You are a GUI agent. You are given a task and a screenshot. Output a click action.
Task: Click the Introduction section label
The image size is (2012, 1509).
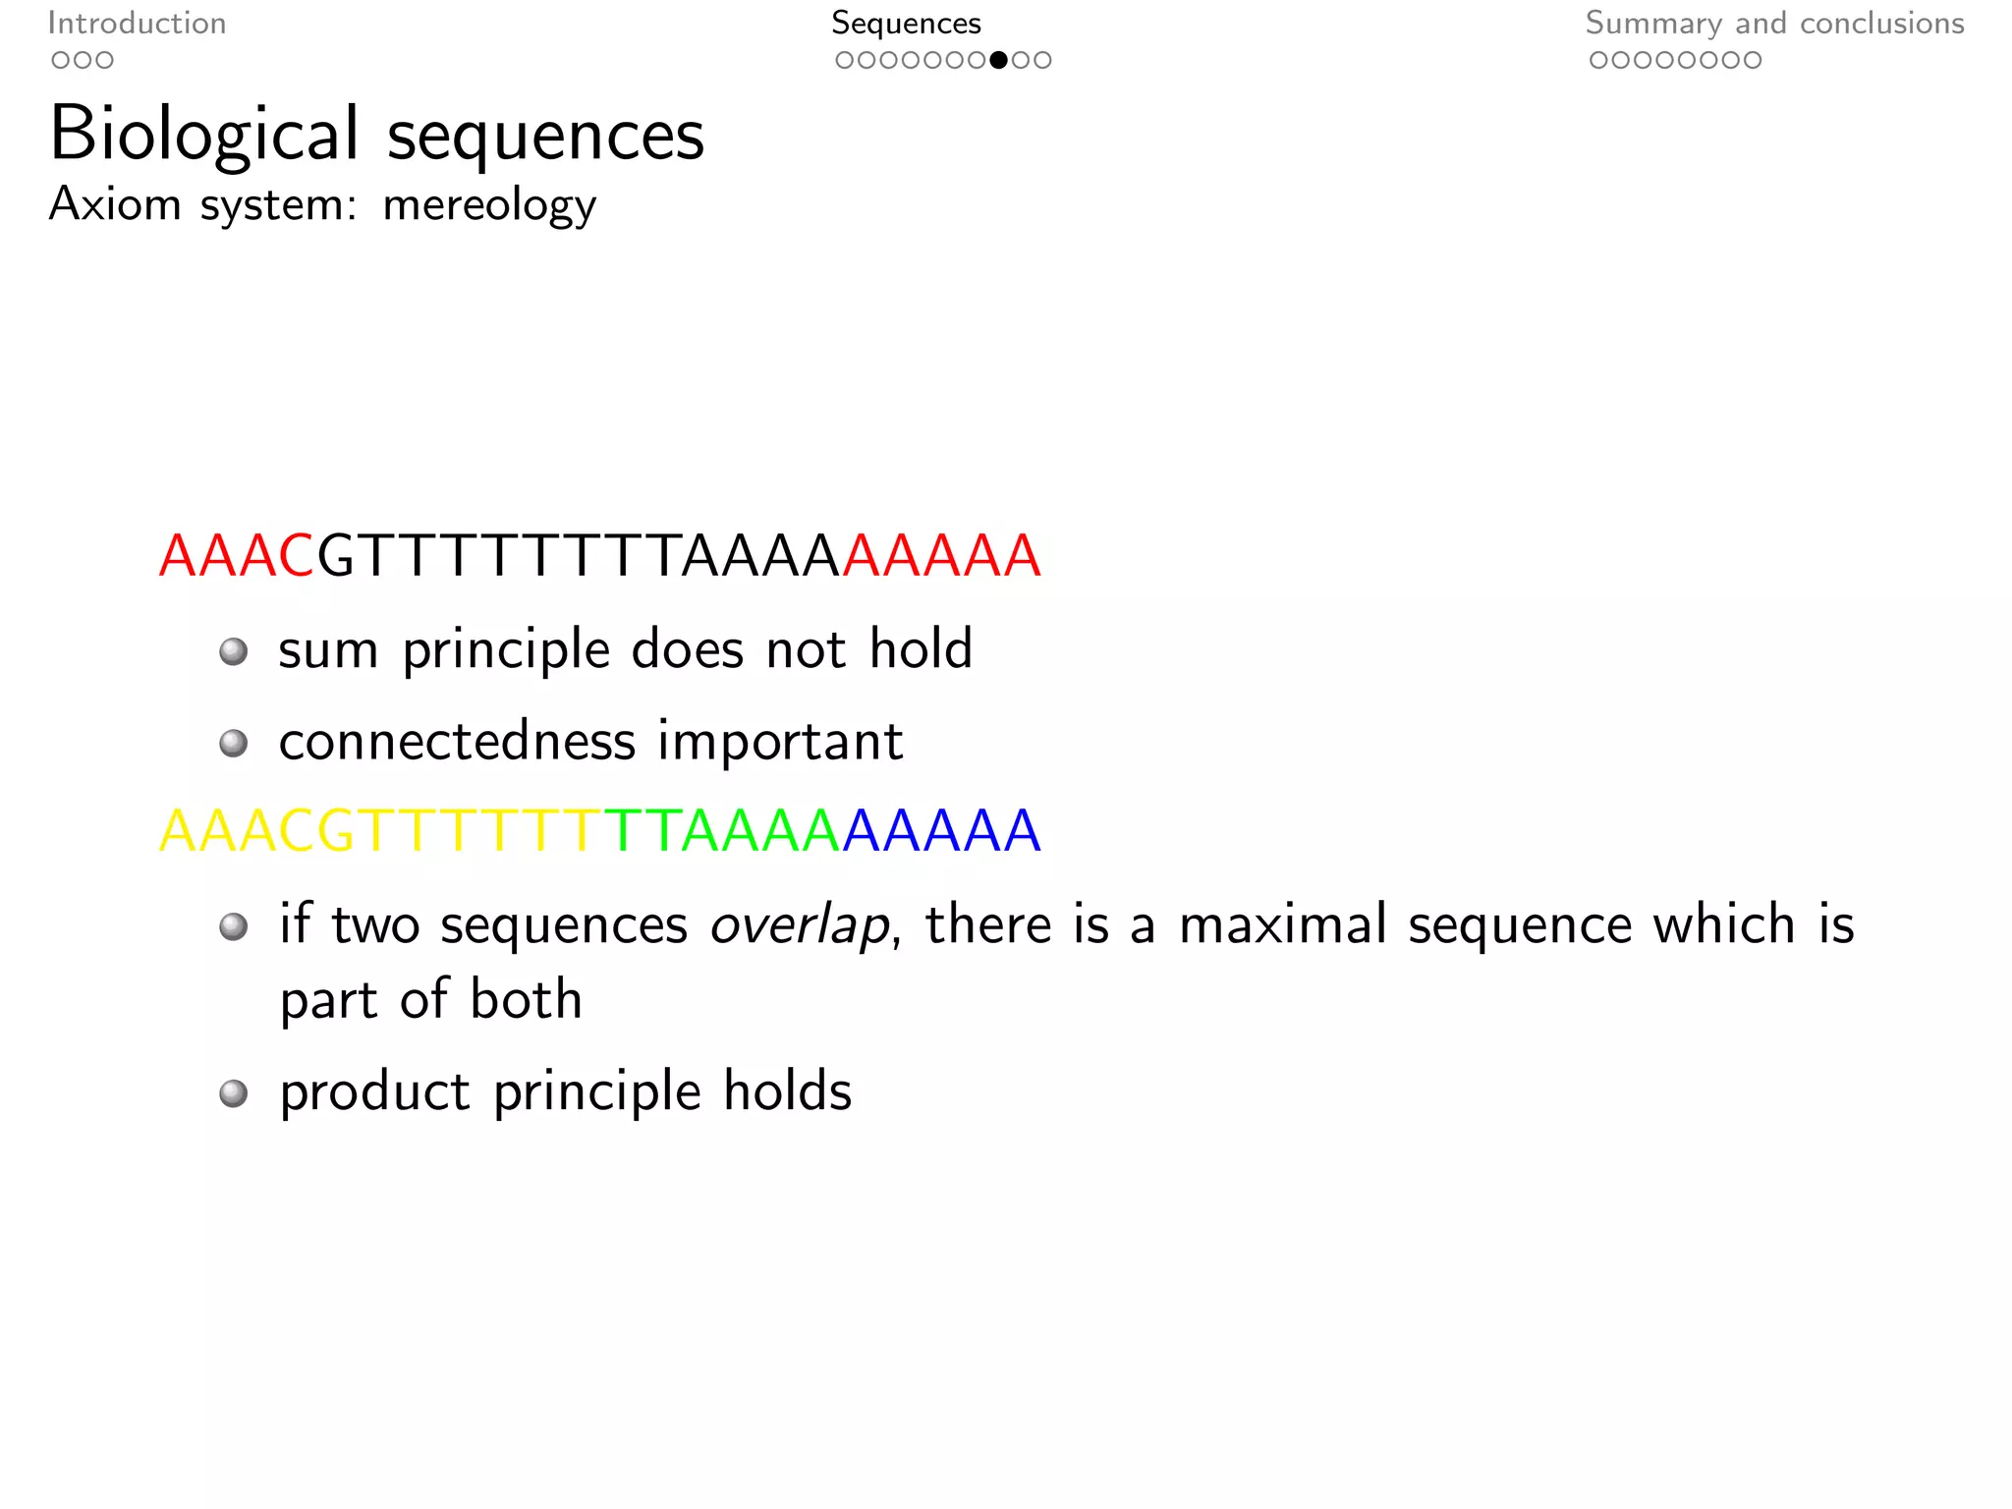(x=137, y=24)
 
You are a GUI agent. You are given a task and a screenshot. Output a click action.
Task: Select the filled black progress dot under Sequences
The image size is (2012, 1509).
(x=998, y=60)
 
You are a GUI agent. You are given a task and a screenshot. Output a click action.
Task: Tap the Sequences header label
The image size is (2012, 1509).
(x=906, y=24)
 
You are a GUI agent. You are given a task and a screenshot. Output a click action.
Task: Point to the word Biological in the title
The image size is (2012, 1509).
(x=204, y=136)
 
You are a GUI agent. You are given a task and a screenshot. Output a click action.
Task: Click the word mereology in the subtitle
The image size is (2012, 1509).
(x=489, y=205)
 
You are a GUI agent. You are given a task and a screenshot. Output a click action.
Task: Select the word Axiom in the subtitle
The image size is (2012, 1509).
(x=115, y=204)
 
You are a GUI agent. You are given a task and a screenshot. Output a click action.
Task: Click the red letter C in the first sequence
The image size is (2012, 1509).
(x=296, y=556)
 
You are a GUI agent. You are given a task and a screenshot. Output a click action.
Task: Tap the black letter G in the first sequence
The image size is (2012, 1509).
(x=336, y=556)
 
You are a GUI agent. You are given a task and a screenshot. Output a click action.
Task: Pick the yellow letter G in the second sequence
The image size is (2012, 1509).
(x=336, y=831)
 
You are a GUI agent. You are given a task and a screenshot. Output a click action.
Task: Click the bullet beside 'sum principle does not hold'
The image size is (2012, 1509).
(x=234, y=651)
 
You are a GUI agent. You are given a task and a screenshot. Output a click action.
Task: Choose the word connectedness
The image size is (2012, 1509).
(x=457, y=741)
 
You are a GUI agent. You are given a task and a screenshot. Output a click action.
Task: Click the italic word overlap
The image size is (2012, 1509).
(x=799, y=925)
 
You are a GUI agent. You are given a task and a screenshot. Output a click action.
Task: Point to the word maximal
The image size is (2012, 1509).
(x=1283, y=924)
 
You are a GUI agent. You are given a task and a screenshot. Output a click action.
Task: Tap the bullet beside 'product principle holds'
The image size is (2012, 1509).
(x=234, y=1093)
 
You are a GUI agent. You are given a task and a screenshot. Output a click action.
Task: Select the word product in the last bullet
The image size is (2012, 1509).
(x=374, y=1092)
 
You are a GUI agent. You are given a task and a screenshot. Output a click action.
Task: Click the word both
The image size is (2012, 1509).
(x=526, y=999)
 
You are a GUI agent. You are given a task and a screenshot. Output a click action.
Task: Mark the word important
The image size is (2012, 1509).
(x=780, y=741)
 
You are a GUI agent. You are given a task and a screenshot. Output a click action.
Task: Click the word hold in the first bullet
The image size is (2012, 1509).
(x=921, y=648)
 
